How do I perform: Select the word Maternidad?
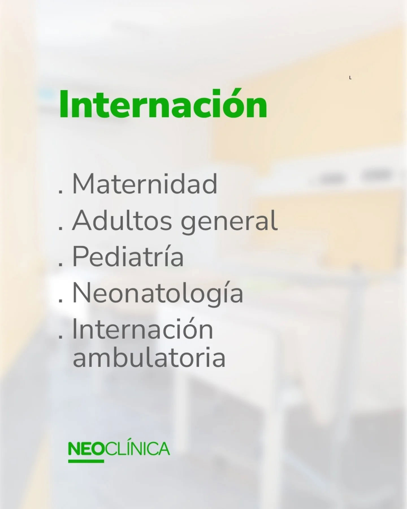tap(145, 184)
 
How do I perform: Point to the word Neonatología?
tap(158, 294)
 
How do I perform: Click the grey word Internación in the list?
tap(143, 330)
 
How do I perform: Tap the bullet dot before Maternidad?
tap(60, 192)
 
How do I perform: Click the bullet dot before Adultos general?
tap(60, 228)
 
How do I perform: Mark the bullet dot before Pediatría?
tap(60, 265)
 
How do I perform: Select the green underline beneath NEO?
tap(86, 461)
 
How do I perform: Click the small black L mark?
tap(350, 77)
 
